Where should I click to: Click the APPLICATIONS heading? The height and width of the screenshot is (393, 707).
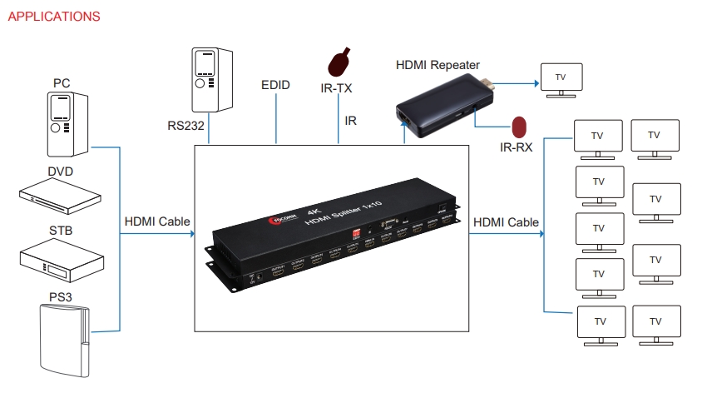pos(54,17)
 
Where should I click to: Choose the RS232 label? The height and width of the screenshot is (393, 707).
pos(187,126)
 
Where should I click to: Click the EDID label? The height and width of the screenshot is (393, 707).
pos(275,85)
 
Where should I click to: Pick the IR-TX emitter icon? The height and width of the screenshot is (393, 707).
pos(339,61)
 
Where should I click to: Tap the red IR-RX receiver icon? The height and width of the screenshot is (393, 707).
pos(519,127)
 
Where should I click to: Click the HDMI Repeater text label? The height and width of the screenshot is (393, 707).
pos(438,64)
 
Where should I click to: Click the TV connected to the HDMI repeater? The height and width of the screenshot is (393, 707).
pos(561,78)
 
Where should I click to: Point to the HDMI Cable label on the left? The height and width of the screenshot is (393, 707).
pos(157,221)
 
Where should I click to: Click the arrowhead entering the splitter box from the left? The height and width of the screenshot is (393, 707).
pos(189,234)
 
